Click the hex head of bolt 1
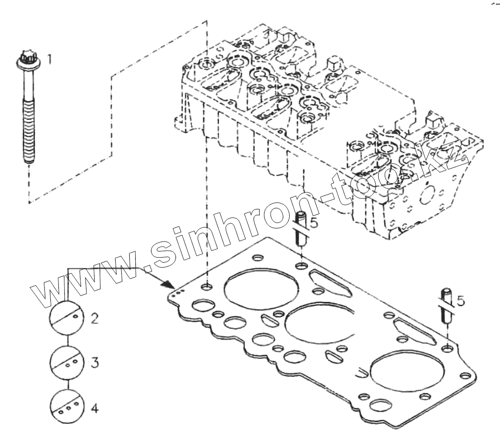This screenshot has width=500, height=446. click(x=26, y=60)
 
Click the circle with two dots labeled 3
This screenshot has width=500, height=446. click(x=66, y=361)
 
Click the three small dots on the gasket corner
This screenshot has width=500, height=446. click(x=176, y=295)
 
